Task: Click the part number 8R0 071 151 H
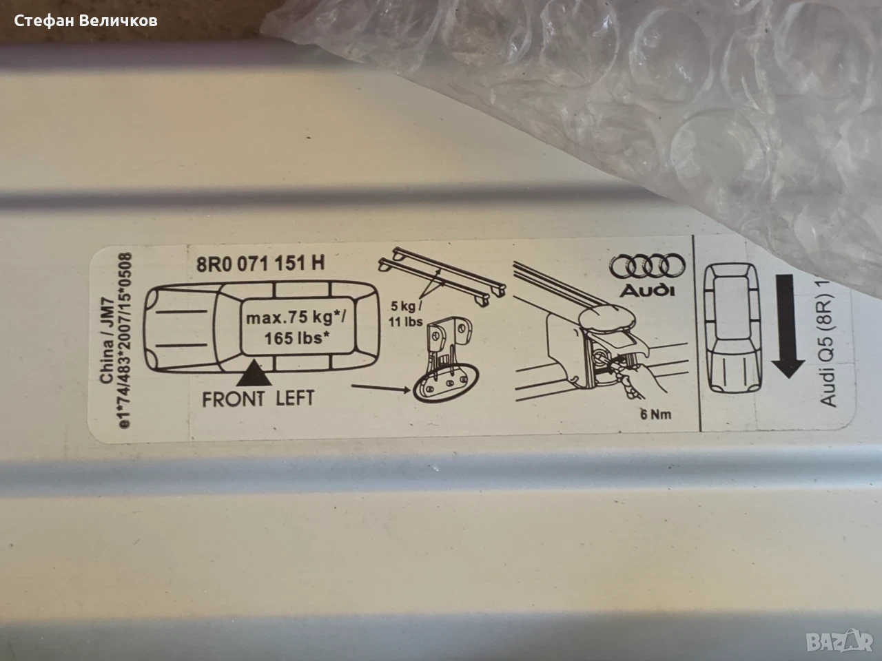[x=260, y=264]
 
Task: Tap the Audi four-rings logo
[x=647, y=266]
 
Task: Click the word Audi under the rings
[x=647, y=290]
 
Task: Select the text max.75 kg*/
[x=296, y=318]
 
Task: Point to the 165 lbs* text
[x=296, y=338]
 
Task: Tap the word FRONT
[x=233, y=399]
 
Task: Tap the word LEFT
[x=295, y=398]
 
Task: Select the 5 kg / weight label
[x=407, y=306]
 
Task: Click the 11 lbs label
[x=405, y=322]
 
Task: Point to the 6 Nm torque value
[x=656, y=415]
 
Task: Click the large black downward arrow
[x=788, y=326]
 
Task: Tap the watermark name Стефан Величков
[x=85, y=21]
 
